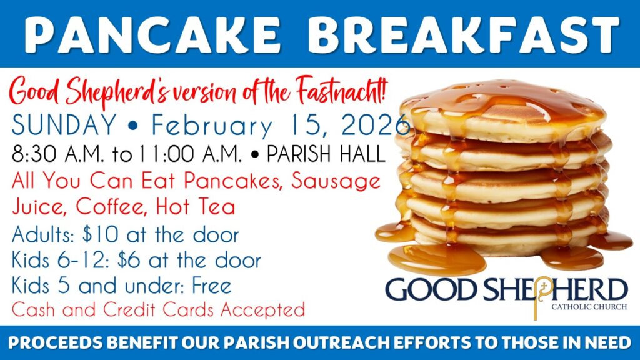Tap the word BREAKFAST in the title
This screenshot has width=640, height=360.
[x=463, y=34]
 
